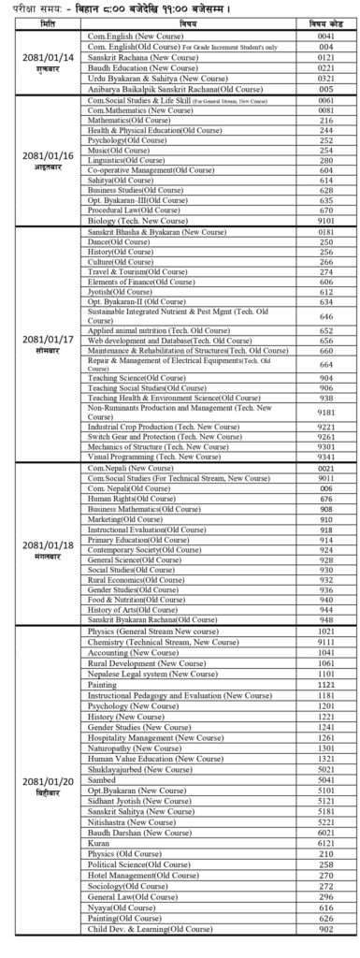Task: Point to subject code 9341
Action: (326, 457)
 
